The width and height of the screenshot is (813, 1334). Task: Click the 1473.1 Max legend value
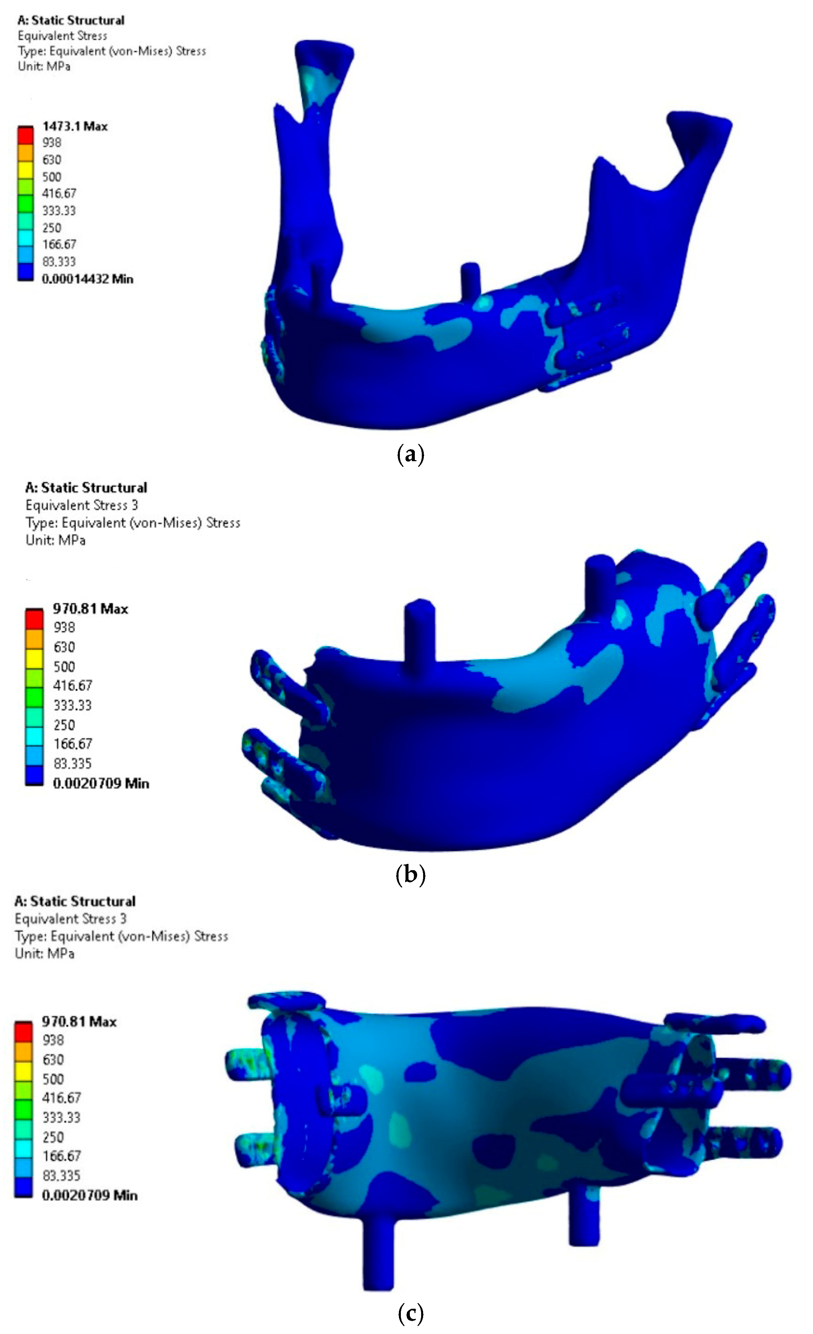point(75,126)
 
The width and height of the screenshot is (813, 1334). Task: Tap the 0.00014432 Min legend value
point(87,279)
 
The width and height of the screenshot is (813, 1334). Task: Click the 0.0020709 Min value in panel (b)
point(101,783)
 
